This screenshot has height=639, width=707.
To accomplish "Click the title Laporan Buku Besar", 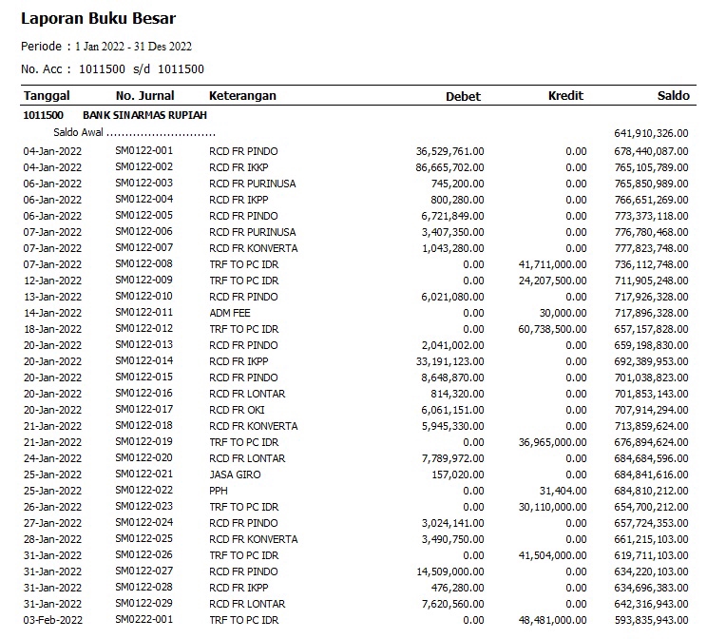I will point(99,18).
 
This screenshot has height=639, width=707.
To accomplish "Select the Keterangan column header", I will point(242,96).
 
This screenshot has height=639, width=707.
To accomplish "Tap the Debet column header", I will point(463,96).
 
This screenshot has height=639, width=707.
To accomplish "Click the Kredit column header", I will point(565,96).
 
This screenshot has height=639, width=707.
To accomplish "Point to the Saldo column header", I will point(674,96).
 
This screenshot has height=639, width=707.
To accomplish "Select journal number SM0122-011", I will point(144,313).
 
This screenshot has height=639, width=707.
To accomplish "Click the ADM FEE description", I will point(231,313).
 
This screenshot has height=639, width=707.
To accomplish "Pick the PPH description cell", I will point(219,491).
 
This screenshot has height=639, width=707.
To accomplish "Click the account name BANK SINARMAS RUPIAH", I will point(152,115).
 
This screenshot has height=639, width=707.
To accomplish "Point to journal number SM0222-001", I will point(144,620).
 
